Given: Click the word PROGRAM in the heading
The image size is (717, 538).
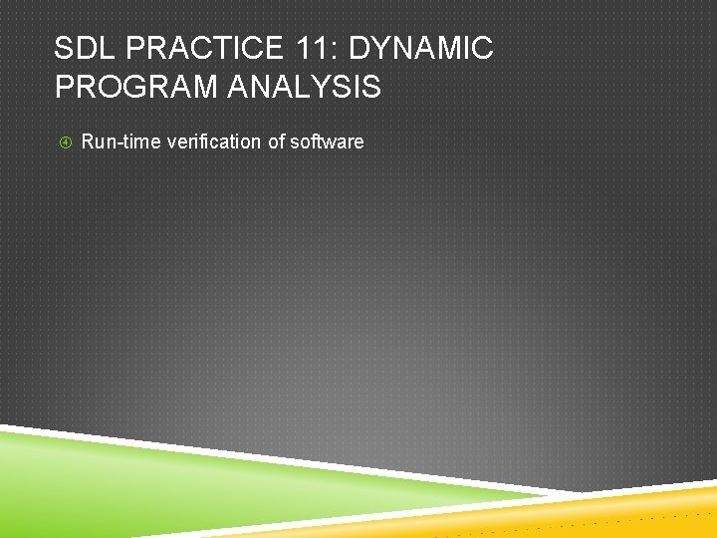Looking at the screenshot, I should [x=131, y=88].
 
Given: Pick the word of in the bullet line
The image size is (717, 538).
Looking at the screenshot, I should [x=277, y=141].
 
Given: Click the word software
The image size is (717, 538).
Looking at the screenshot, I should [x=328, y=141].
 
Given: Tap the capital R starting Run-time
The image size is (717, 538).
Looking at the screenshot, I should [x=88, y=141].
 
